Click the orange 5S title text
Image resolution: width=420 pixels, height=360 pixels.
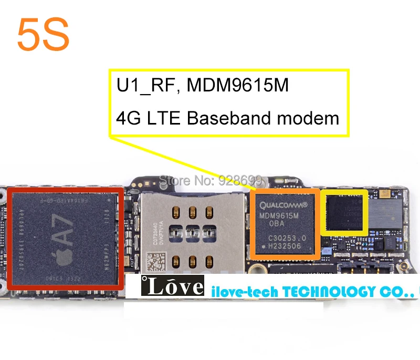43,34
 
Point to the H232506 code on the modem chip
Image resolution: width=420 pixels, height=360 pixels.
285,245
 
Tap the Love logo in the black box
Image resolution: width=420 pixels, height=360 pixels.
172,286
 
